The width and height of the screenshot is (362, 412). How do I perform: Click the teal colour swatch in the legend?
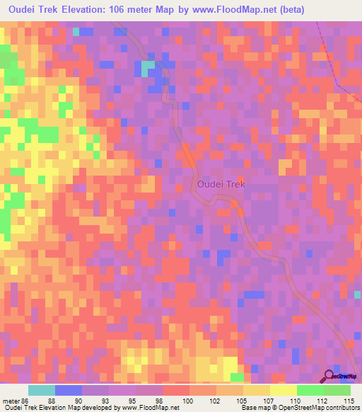(42, 390)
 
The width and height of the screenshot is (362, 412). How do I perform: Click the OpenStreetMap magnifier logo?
(329, 377)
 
